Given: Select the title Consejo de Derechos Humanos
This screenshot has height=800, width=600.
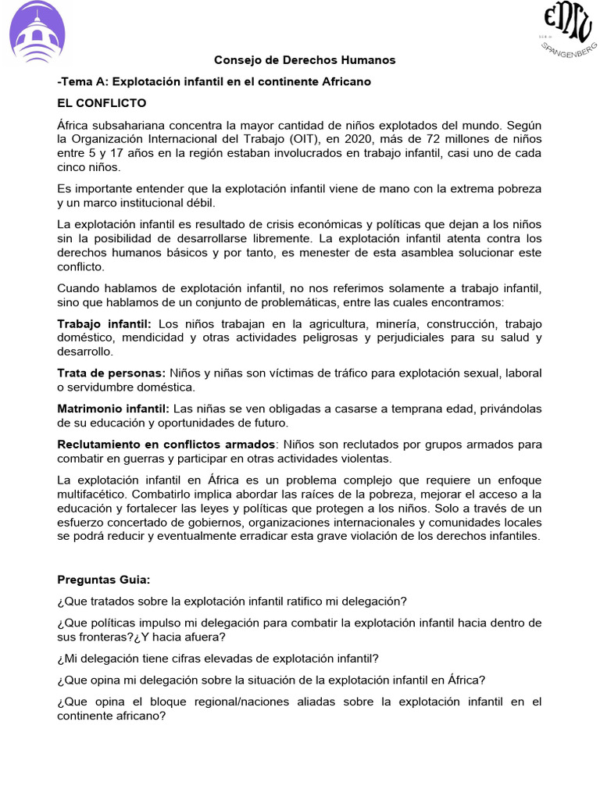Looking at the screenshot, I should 305,60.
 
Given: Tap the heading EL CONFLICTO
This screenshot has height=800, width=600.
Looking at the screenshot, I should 102,103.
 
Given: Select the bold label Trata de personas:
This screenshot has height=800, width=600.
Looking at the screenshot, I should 110,373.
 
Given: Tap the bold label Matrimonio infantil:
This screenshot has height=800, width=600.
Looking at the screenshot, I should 112,409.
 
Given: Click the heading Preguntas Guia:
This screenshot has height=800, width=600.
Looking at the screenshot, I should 104,580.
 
